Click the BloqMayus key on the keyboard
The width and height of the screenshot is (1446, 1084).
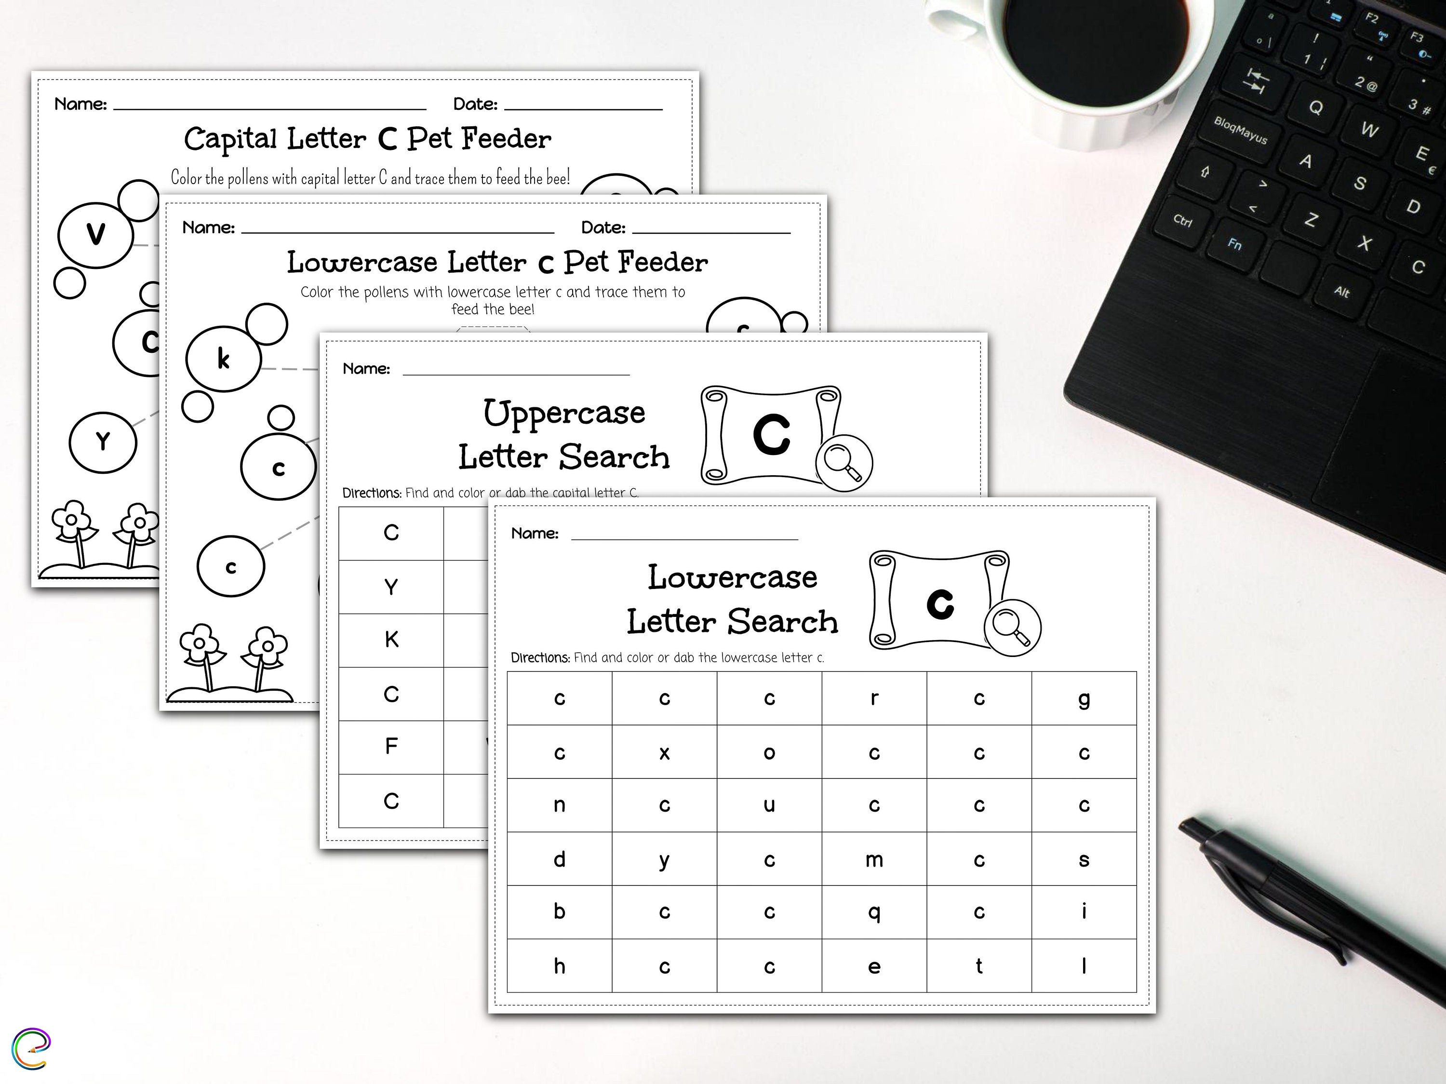click(1240, 130)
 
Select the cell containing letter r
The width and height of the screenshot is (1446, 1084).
click(874, 698)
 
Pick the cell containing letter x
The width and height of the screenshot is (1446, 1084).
click(664, 752)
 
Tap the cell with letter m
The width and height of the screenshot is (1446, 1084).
click(874, 859)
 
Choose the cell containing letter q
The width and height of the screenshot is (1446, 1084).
click(874, 912)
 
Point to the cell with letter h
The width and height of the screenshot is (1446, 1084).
click(560, 965)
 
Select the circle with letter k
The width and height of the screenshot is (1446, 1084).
click(224, 358)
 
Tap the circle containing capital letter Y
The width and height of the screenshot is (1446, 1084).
click(103, 442)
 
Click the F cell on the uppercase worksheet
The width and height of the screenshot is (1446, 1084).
click(391, 747)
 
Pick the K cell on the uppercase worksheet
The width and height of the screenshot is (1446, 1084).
click(391, 640)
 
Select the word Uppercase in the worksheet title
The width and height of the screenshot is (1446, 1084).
click(563, 413)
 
